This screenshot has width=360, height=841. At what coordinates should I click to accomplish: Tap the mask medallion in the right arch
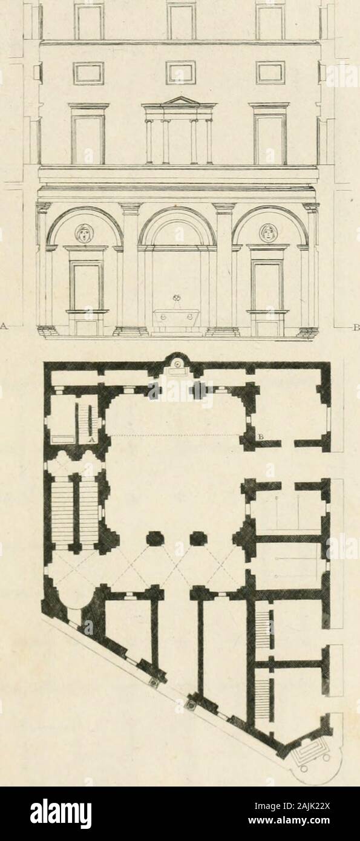(269, 233)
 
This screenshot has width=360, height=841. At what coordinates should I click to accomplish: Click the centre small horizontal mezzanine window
(180, 73)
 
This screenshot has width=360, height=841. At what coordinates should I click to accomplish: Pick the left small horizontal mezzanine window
(89, 73)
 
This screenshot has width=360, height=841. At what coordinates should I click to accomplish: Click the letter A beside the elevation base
(5, 326)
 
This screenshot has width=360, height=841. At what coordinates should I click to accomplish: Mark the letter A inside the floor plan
(91, 440)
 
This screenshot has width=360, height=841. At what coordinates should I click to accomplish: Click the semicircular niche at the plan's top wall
(176, 362)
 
